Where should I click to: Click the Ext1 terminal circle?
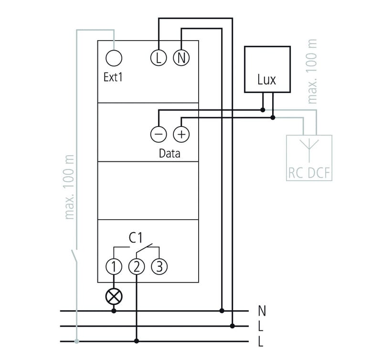click(x=114, y=58)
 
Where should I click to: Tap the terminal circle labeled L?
click(x=159, y=58)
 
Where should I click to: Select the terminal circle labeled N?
click(x=181, y=58)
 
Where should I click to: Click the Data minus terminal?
click(x=159, y=134)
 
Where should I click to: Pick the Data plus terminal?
click(x=181, y=134)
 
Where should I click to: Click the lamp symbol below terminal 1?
click(x=114, y=296)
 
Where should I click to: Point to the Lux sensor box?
click(x=267, y=69)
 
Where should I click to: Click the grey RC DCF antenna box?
click(x=308, y=158)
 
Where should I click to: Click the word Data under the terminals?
click(x=170, y=154)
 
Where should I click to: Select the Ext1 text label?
click(x=113, y=77)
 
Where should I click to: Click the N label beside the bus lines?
click(x=261, y=311)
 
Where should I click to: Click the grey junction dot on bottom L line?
click(x=76, y=341)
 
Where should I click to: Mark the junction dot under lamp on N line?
click(x=114, y=311)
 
